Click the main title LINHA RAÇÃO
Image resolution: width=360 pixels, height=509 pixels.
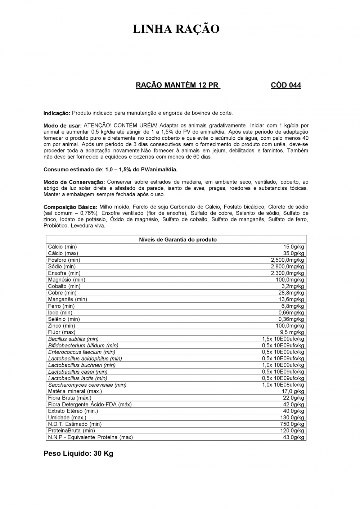coord(176,29)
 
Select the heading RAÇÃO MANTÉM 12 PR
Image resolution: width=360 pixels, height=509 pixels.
coord(177,85)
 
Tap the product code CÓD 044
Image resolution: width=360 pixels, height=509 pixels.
coord(285,85)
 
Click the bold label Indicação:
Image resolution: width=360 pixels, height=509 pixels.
coord(57,113)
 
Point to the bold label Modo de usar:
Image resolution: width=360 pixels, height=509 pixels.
coord(63,126)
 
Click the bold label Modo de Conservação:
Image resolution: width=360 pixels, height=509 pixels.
coord(74,182)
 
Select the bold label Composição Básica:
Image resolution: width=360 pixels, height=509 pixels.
coord(71,207)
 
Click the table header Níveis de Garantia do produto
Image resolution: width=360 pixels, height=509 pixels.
coord(178,240)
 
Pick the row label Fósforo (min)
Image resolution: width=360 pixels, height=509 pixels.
coord(64,260)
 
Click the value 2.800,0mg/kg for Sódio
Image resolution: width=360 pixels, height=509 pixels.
coord(287,267)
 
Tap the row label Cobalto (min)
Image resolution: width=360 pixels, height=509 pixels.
coord(64,286)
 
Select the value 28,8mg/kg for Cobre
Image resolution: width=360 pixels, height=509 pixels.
coord(291,293)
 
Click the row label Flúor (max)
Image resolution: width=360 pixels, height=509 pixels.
coord(62,332)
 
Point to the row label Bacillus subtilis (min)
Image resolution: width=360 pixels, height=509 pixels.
coord(73,339)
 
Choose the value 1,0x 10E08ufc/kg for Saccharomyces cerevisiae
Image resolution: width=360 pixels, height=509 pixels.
coord(283,385)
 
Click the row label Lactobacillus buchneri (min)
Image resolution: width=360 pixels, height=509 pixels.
coord(82,365)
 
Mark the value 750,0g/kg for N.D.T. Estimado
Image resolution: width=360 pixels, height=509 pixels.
coord(292,424)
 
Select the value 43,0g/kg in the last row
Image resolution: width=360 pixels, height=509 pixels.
coord(293,437)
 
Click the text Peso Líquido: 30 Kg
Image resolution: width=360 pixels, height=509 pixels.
coord(78,454)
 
